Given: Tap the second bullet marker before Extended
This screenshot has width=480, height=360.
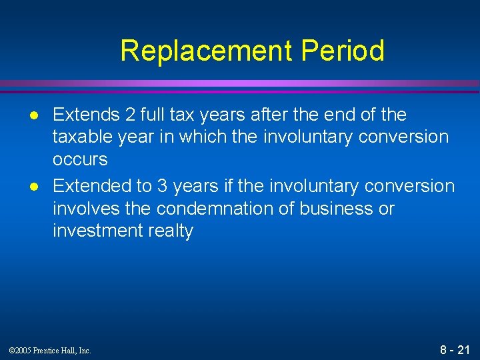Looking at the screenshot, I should click(x=27, y=187).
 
